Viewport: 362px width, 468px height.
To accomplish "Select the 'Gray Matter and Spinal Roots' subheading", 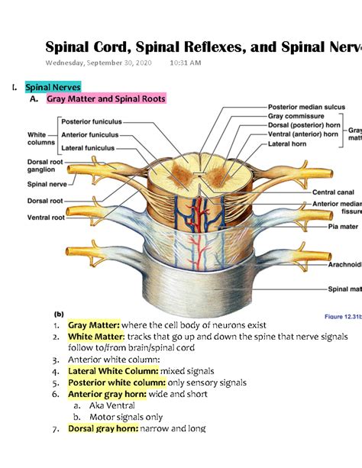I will pyautogui.click(x=105, y=99).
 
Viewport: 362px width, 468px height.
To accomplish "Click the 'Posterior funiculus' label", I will pyautogui.click(x=88, y=121).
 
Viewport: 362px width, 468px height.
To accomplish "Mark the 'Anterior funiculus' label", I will pyautogui.click(x=89, y=134).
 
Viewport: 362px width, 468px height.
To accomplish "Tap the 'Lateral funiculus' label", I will pyautogui.click(x=87, y=147).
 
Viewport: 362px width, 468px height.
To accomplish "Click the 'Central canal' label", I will pyautogui.click(x=331, y=192).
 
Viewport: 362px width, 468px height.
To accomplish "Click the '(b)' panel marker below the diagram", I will pyautogui.click(x=58, y=313).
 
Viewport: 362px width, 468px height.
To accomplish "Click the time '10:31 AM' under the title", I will pyautogui.click(x=186, y=63).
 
